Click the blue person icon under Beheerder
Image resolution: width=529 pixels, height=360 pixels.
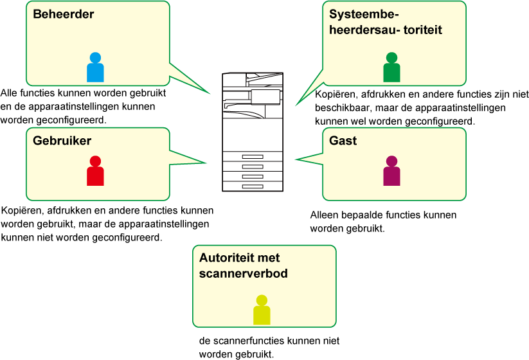[95, 67]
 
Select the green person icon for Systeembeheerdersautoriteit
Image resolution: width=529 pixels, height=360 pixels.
[391, 67]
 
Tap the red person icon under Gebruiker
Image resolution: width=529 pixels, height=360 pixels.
[95, 171]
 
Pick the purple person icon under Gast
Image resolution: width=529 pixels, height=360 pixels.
[391, 171]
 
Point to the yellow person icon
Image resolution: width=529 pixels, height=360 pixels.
[262, 310]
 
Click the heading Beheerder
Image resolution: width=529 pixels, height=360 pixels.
[64, 14]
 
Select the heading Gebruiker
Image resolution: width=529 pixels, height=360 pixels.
[62, 141]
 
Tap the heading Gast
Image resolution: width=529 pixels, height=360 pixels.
[343, 141]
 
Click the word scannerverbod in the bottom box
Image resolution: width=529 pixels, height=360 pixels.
[243, 273]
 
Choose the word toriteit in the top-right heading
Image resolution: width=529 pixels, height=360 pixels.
[423, 30]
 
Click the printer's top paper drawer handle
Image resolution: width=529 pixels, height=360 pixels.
[253, 157]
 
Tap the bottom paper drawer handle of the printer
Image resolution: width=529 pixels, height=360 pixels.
[253, 186]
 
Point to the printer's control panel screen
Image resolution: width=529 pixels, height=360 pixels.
[265, 97]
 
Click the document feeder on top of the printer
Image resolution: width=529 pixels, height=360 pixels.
[265, 80]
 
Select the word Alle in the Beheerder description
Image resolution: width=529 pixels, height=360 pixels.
[9, 93]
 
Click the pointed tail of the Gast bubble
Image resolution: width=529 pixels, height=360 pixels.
[296, 159]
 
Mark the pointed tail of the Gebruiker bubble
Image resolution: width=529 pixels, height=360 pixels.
[206, 163]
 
